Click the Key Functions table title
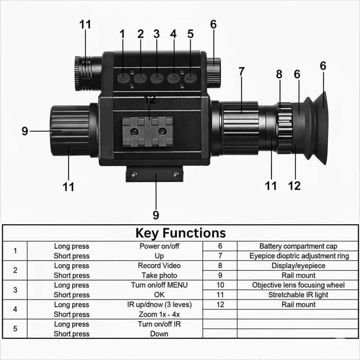[180, 233]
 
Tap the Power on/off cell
[159, 246]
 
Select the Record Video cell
[159, 266]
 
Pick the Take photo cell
[159, 275]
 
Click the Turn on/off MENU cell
[159, 285]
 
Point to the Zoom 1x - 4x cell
[159, 314]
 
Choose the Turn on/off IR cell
[159, 324]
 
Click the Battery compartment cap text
[298, 246]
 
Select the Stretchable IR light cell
[298, 295]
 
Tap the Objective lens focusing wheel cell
[298, 285]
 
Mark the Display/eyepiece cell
[298, 266]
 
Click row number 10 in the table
[220, 285]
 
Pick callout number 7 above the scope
[241, 72]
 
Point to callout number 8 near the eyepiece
[279, 75]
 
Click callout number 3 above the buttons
[156, 34]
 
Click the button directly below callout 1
[123, 77]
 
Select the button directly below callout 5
[190, 77]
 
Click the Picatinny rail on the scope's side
[148, 131]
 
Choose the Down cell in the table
[159, 334]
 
